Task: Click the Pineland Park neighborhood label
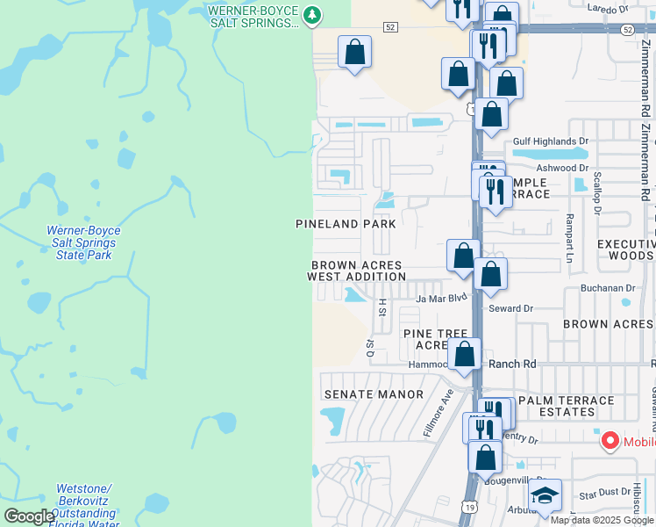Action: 346,224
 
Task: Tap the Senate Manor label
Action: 374,394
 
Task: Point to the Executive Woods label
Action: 625,249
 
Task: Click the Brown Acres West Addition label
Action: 356,271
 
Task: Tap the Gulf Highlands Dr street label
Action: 551,141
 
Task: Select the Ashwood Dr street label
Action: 562,168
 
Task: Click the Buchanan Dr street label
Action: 607,287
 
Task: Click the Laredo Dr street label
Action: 611,10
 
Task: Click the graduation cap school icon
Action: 545,496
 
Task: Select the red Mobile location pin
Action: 609,441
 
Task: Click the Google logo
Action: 29,516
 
